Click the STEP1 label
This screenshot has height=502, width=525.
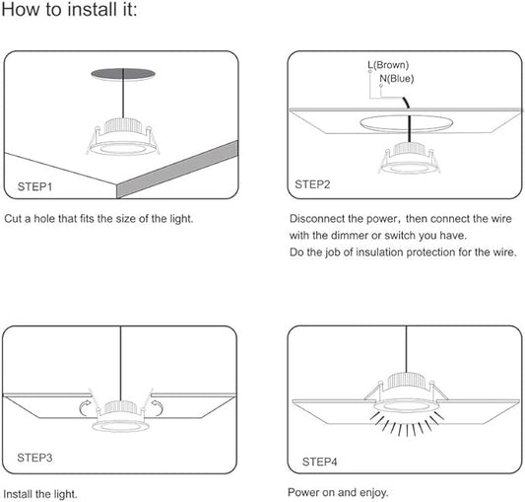(34, 186)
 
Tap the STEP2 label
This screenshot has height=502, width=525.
(312, 184)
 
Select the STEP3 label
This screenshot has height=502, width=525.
(34, 458)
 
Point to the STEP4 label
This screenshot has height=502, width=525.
(319, 462)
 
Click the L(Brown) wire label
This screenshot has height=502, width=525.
(388, 65)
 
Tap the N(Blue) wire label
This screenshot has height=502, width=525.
(397, 79)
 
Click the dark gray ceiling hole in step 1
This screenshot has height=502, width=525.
(123, 74)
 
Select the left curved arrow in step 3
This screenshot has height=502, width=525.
(86, 407)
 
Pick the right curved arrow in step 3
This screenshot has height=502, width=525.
(157, 407)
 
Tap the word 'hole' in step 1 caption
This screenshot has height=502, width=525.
(45, 219)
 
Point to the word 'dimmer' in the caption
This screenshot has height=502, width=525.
(350, 236)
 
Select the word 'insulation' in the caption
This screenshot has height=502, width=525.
(379, 252)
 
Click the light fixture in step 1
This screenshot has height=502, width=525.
(123, 137)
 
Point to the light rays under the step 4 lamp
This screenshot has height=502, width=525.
(408, 423)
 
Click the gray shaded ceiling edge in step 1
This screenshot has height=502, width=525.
(177, 170)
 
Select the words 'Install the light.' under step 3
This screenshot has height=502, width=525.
(40, 494)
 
